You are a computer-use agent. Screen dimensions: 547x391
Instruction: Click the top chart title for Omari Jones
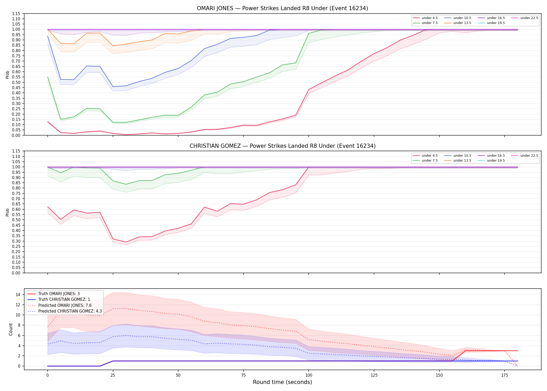coord(282,8)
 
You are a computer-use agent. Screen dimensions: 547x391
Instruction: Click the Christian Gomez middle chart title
coord(282,146)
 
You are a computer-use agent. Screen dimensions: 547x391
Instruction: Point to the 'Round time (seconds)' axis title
coord(282,382)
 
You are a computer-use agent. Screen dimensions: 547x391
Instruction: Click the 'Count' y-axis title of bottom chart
coord(11,329)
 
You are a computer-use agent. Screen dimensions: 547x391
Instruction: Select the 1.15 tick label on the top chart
coord(16,14)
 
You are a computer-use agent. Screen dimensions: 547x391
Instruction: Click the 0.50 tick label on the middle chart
coord(16,220)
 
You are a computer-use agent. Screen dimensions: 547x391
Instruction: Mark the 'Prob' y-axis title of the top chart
coord(8,75)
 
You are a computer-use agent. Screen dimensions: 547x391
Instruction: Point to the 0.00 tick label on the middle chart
coord(16,273)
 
